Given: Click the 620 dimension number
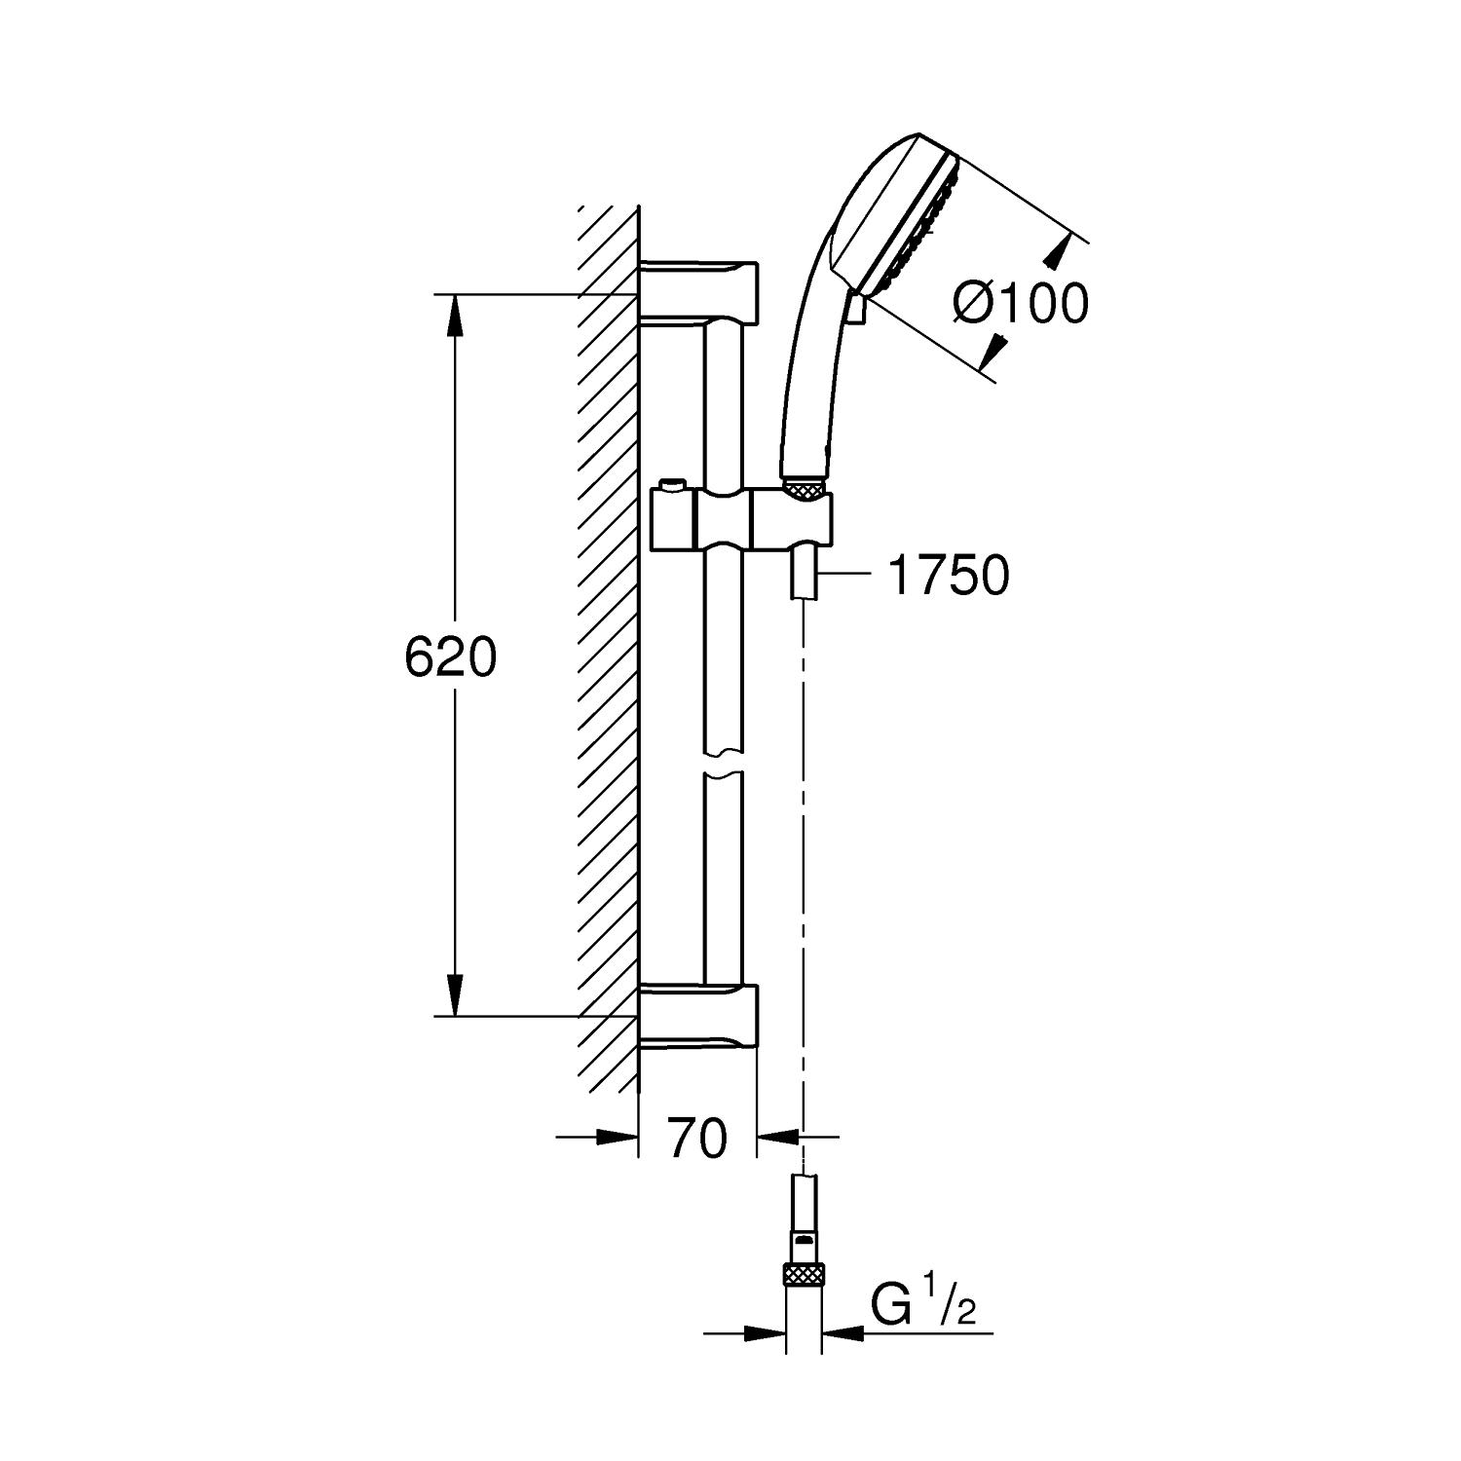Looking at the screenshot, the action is click(x=450, y=658).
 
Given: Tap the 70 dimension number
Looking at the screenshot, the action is click(x=697, y=1137).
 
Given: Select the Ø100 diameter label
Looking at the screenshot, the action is click(x=1020, y=304).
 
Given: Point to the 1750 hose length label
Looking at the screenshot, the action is click(x=949, y=576).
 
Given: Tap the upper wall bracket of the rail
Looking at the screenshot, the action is click(x=697, y=290).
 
